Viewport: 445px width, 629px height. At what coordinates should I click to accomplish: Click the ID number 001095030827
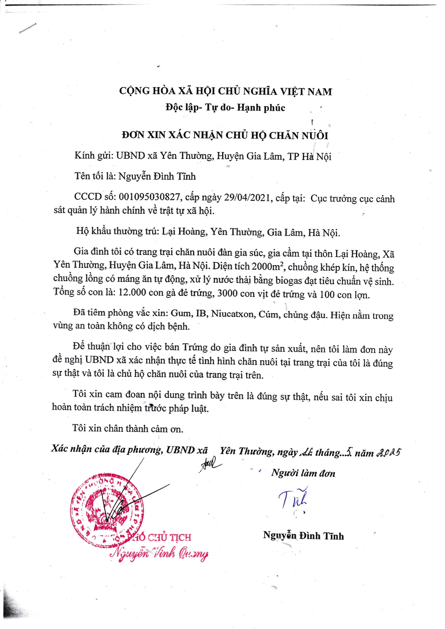[x=149, y=197]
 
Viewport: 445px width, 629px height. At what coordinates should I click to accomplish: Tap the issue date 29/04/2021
[x=247, y=198]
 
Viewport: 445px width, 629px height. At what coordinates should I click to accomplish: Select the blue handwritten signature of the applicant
[x=293, y=498]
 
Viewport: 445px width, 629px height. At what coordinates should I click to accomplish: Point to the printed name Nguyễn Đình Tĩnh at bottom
[x=303, y=536]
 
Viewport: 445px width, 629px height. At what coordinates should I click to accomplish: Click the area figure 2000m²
[x=268, y=266]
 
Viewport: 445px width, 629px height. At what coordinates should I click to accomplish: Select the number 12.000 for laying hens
[x=132, y=293]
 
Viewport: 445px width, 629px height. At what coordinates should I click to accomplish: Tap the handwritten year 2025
[x=388, y=453]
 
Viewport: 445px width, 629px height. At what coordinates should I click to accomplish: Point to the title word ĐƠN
[x=133, y=135]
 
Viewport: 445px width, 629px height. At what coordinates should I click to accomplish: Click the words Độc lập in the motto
[x=182, y=107]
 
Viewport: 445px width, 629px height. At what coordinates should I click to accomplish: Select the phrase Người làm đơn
[x=303, y=473]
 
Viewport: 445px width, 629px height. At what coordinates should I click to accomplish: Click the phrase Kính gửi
[x=94, y=155]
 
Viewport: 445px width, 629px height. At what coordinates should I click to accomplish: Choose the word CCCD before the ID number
[x=88, y=197]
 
